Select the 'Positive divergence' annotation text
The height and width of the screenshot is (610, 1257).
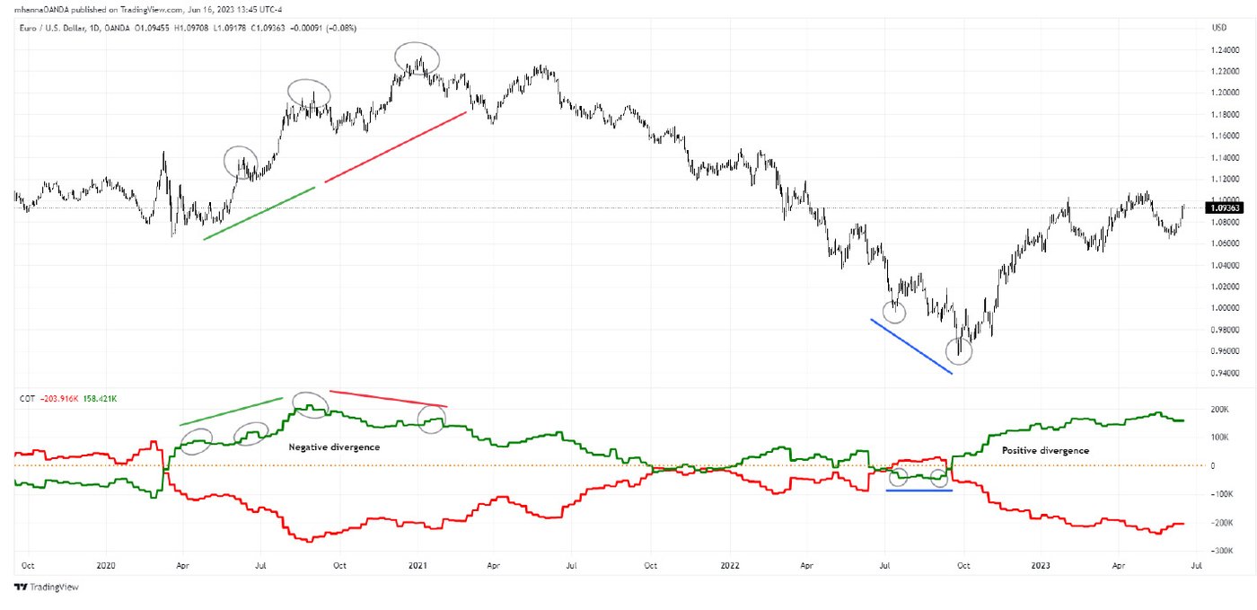click(x=1045, y=450)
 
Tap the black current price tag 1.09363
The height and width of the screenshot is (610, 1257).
click(x=1224, y=208)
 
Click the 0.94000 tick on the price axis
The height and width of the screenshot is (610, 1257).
click(x=1225, y=373)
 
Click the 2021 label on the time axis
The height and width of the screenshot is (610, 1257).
click(x=417, y=567)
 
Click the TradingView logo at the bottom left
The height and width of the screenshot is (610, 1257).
click(x=46, y=587)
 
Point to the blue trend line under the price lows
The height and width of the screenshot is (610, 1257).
click(x=910, y=346)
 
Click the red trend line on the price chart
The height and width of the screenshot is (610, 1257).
click(x=395, y=147)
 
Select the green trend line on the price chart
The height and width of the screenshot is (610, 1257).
click(x=259, y=213)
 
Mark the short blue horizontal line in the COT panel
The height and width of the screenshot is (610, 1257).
click(x=919, y=491)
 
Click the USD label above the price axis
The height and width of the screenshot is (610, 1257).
click(x=1218, y=27)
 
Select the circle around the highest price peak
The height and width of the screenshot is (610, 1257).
click(x=418, y=58)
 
